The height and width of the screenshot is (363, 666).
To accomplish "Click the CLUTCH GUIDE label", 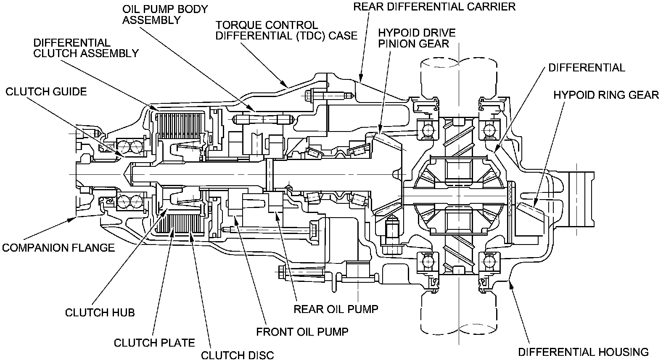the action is (x=46, y=92).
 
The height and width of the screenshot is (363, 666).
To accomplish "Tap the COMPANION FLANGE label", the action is (x=58, y=248).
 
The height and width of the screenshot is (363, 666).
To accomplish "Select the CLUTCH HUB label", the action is (x=100, y=313).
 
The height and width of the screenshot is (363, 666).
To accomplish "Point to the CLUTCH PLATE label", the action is (x=154, y=343).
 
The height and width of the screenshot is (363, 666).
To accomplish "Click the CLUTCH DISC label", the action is (x=237, y=355).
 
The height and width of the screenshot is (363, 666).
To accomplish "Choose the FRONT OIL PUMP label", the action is (x=302, y=332).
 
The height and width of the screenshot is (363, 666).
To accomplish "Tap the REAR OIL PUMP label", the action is (x=336, y=309).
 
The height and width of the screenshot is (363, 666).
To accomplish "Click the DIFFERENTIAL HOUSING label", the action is (x=583, y=352).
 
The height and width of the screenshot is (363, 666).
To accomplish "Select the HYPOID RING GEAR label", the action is (x=606, y=95).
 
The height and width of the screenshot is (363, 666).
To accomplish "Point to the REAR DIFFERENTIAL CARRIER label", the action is (x=434, y=7).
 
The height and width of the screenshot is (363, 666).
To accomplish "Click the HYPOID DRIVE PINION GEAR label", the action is (x=417, y=38).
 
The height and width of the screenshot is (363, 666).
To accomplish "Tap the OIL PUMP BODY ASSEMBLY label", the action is (x=165, y=15).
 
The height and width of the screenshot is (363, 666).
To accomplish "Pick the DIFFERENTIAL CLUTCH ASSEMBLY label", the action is (x=86, y=48).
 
